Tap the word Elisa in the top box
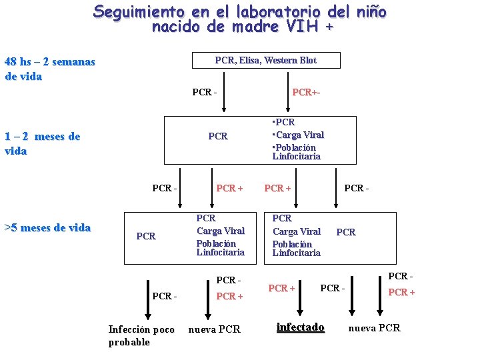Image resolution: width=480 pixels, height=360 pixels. click(x=247, y=61)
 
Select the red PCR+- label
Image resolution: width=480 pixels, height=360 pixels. click(x=306, y=92)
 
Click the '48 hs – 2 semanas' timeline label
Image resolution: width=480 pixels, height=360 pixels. click(x=50, y=62)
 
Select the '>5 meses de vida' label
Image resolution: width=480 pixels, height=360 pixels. click(x=47, y=228)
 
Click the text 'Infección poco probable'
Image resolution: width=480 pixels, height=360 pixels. click(x=141, y=335)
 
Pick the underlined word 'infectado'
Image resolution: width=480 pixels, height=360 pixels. click(x=300, y=327)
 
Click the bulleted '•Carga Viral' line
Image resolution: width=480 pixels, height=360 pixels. click(x=298, y=135)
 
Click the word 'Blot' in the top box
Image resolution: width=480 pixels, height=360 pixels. click(x=308, y=61)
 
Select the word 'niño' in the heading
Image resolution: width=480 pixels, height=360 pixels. click(x=370, y=12)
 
